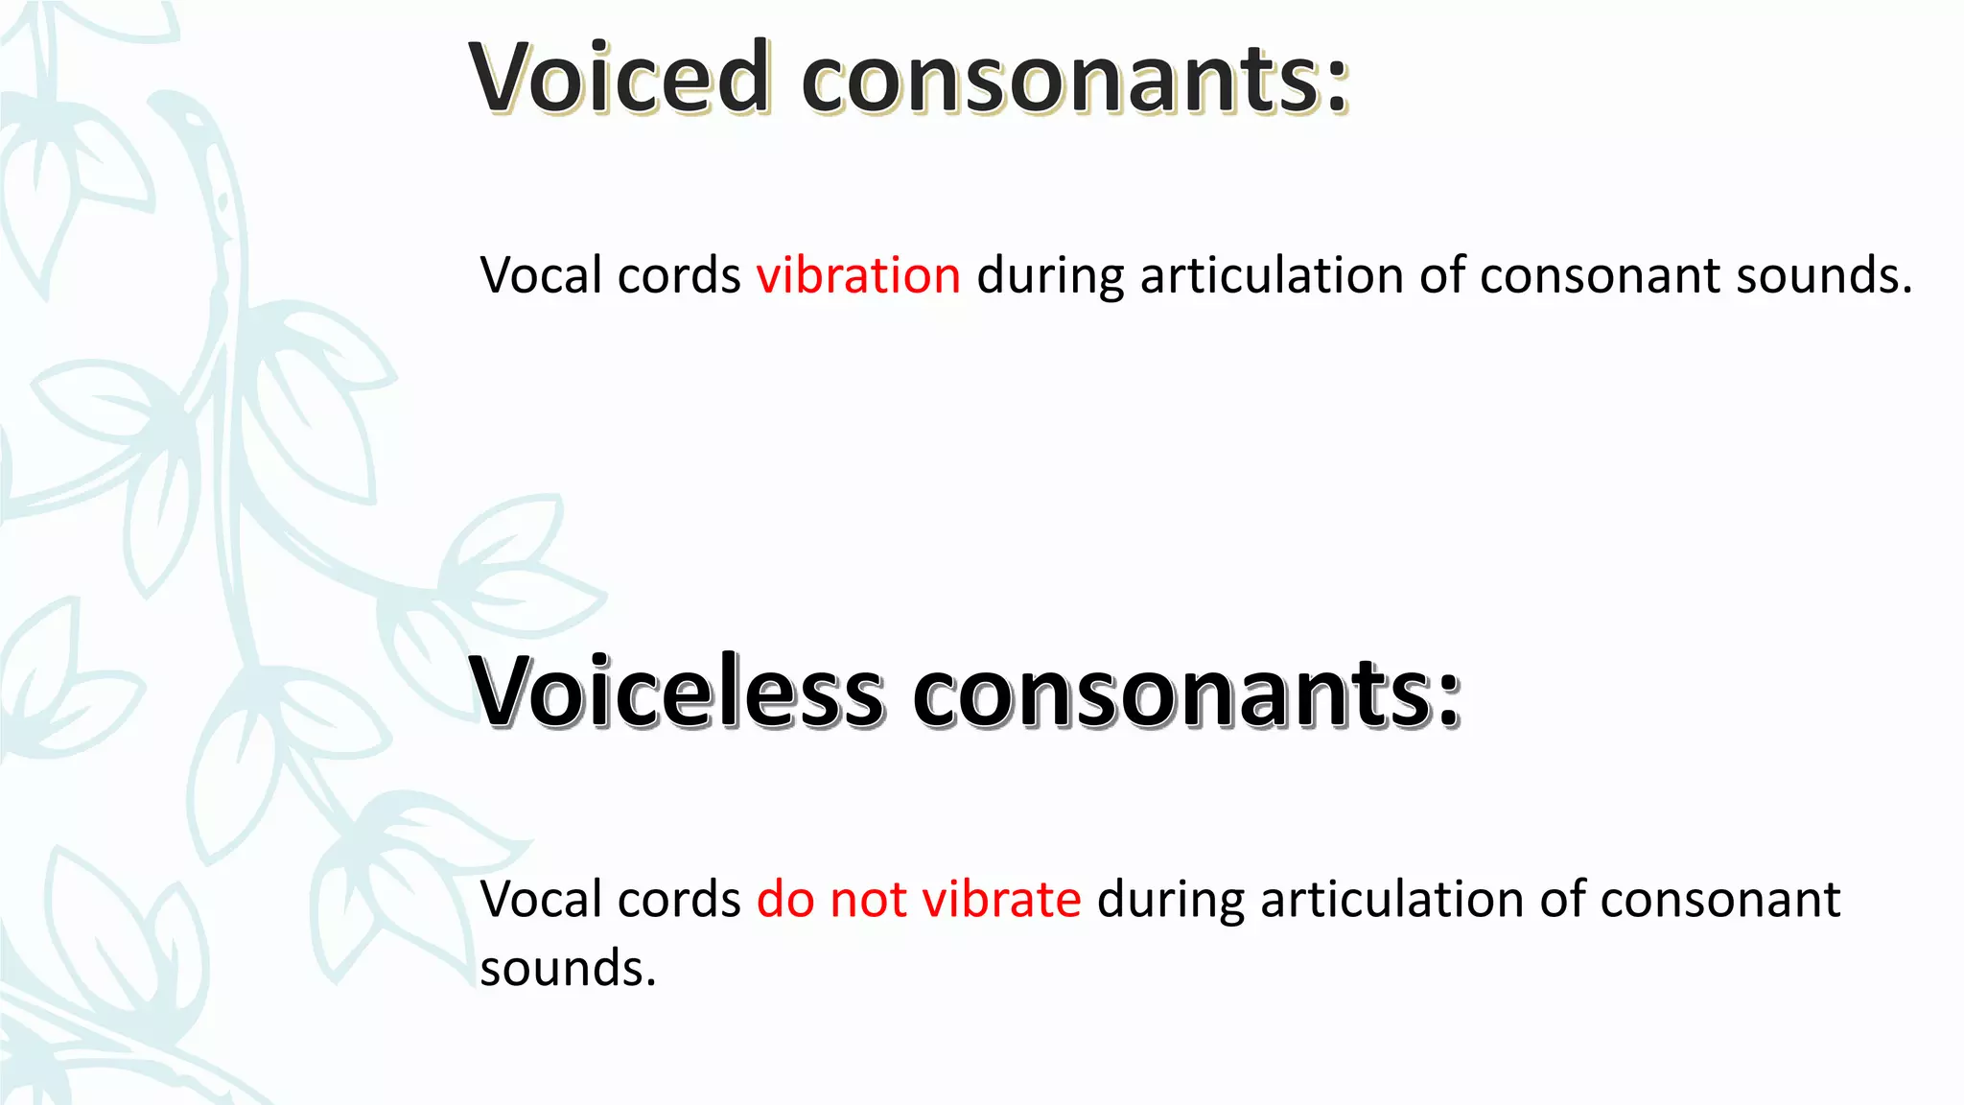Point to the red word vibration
click(858, 275)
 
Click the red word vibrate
click(1001, 900)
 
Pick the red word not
click(868, 900)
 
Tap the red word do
click(785, 900)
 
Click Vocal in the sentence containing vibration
click(541, 275)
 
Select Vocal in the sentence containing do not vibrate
click(541, 900)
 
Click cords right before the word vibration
click(679, 275)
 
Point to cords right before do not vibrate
click(679, 900)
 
